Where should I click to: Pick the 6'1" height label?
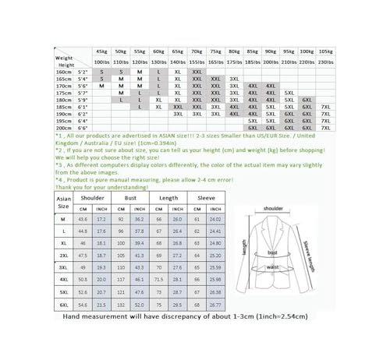pyautogui.click(x=83, y=107)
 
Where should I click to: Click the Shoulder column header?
pyautogui.click(x=92, y=198)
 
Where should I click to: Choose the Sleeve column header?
pyautogui.click(x=206, y=198)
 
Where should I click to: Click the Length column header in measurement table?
pyautogui.click(x=168, y=198)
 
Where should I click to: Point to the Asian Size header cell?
pyautogui.click(x=63, y=203)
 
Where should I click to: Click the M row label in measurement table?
pyautogui.click(x=63, y=220)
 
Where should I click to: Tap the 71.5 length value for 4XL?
pyautogui.click(x=159, y=277)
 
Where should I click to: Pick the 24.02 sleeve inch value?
pyautogui.click(x=215, y=220)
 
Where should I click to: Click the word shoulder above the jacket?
pyautogui.click(x=273, y=209)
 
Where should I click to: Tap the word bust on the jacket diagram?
pyautogui.click(x=273, y=253)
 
